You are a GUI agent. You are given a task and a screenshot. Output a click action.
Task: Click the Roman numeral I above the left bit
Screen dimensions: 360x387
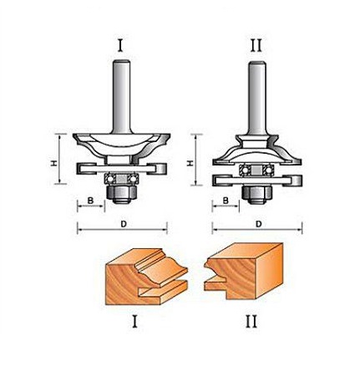point(120,46)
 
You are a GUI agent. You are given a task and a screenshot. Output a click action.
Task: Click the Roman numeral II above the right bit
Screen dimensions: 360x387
point(256,46)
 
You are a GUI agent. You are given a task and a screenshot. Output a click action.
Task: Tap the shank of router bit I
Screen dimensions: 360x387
point(121,97)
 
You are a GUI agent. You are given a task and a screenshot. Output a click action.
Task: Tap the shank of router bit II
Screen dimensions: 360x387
point(257,98)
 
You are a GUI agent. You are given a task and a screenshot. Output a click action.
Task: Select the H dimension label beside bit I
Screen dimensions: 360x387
point(54,163)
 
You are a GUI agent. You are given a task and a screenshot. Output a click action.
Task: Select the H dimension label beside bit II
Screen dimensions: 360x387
point(190,163)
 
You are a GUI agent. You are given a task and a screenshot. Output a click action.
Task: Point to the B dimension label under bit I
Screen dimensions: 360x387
point(90,201)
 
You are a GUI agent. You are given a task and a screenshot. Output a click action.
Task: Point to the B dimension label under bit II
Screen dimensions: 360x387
point(226,201)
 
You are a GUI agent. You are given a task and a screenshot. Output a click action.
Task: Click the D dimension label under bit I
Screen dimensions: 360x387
point(124,224)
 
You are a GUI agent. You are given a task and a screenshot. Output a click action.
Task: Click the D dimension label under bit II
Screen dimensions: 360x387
point(259,224)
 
